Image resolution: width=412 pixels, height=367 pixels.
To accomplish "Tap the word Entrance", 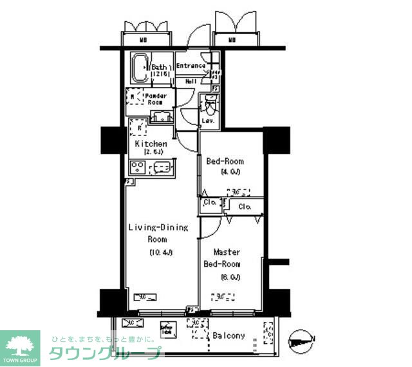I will click(x=191, y=66).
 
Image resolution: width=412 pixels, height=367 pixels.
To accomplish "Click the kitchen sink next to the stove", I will click(x=161, y=169).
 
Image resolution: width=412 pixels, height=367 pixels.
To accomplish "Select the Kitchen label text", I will click(x=151, y=144).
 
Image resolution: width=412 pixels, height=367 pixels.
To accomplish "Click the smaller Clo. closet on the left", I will click(x=210, y=203).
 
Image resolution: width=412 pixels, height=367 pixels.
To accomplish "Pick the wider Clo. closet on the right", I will click(x=244, y=207).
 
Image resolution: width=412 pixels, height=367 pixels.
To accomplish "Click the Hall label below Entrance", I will click(x=191, y=82).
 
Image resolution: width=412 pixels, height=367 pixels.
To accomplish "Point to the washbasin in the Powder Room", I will click(x=161, y=117).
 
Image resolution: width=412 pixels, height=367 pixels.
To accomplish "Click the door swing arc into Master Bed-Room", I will click(x=209, y=226).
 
